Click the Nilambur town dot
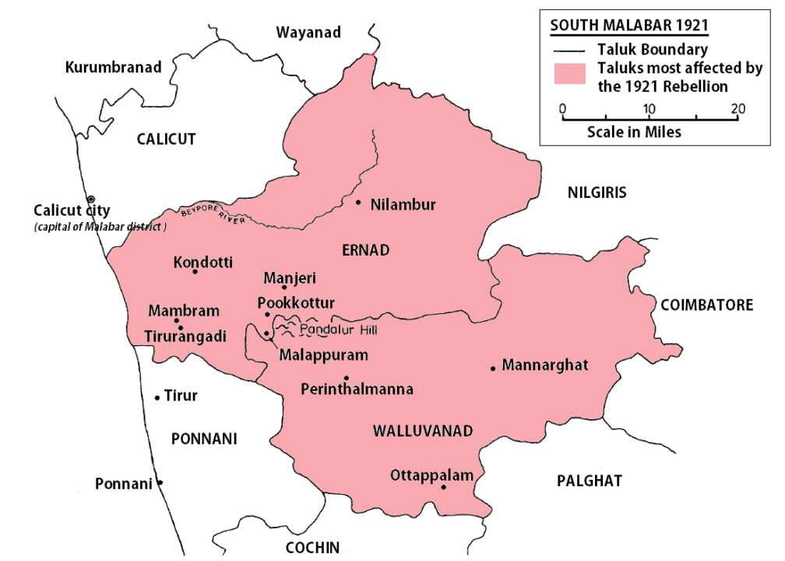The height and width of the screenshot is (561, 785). coord(358,203)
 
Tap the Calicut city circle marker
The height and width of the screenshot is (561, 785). coord(91,199)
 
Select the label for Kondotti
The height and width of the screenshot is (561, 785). coord(203,263)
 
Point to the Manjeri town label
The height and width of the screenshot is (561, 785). coord(290,277)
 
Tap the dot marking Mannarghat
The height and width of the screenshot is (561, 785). coord(493,368)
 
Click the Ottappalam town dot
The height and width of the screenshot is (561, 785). coord(443,488)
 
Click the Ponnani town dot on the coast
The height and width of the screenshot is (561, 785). coord(160,482)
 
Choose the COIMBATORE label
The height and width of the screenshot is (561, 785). coord(706,305)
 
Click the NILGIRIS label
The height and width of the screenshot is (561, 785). coord(597,192)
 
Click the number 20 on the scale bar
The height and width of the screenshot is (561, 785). coord(737,108)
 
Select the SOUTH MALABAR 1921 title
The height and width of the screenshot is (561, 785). coord(629,25)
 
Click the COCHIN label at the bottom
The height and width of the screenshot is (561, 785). coord(313,547)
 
